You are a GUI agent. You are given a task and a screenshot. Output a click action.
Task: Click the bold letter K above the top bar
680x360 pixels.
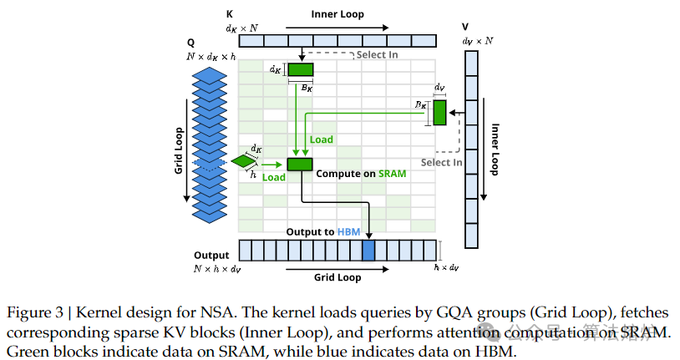(x=230, y=15)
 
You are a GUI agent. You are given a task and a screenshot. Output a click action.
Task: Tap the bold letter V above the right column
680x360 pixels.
(x=466, y=26)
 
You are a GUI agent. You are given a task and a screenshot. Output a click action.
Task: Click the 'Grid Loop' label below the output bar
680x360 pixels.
(x=337, y=276)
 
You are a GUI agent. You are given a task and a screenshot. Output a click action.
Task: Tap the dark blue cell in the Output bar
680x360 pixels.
(x=368, y=251)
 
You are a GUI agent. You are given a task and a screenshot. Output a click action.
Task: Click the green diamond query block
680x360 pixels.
(x=244, y=160)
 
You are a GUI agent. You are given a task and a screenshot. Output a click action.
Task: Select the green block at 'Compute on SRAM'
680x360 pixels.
(x=299, y=164)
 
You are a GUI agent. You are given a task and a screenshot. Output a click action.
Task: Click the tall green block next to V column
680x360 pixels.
(x=439, y=112)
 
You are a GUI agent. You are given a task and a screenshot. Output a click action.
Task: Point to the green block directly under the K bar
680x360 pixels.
(x=300, y=69)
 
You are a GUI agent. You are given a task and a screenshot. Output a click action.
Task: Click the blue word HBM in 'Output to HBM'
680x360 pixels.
(x=348, y=231)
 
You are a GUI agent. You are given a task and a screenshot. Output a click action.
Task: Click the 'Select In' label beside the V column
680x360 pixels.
(x=442, y=162)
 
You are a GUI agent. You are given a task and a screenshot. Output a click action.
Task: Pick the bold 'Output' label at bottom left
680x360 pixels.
(x=211, y=255)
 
